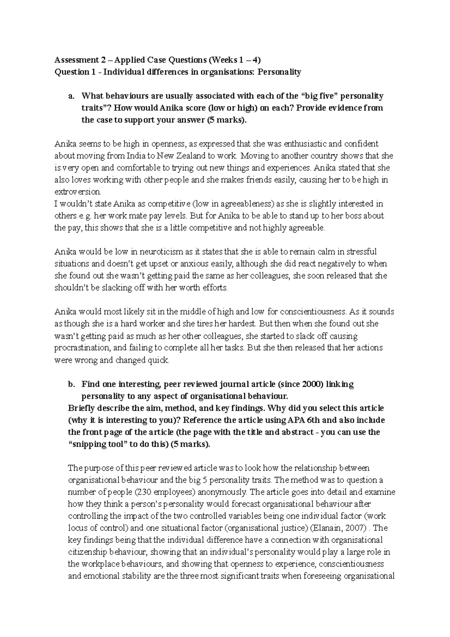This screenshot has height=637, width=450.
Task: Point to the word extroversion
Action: point(78,192)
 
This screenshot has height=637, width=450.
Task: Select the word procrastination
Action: point(82,348)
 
